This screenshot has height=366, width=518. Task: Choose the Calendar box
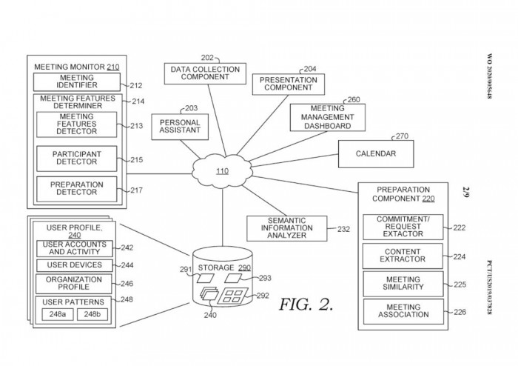click(375, 154)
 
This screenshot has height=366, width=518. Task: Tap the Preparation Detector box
click(76, 190)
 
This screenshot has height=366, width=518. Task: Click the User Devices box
click(74, 265)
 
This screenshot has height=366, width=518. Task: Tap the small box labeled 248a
click(55, 314)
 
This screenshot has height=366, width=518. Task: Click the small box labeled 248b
click(92, 314)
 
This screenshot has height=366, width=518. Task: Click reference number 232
click(343, 229)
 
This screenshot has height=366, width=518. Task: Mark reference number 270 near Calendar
click(402, 136)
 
